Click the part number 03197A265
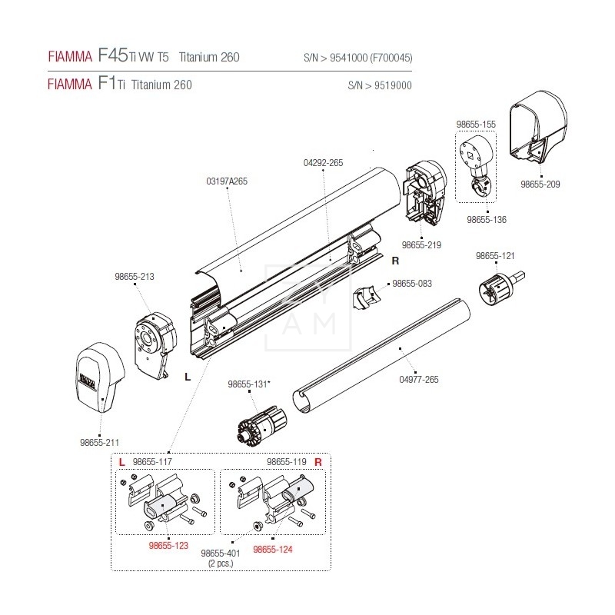tap(227, 181)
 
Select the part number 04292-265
tap(323, 163)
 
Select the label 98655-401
tap(220, 553)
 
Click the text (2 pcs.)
tap(220, 563)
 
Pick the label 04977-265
tap(419, 380)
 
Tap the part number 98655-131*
tap(249, 384)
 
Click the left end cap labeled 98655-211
tap(98, 377)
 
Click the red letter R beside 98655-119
tap(317, 462)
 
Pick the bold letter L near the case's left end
tap(187, 377)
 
